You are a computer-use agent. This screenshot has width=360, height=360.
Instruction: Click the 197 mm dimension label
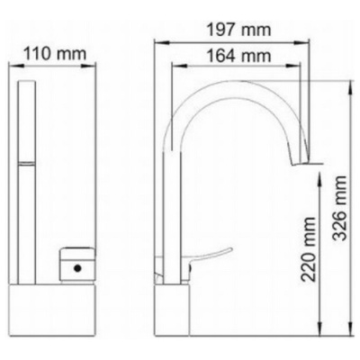(x=239, y=30)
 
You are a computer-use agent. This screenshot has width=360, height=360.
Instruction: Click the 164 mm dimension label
(x=239, y=56)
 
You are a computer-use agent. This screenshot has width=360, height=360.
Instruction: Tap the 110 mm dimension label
(x=55, y=54)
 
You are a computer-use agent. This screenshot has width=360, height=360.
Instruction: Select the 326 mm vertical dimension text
(x=339, y=208)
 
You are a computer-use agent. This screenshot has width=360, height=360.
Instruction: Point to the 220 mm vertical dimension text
(x=309, y=249)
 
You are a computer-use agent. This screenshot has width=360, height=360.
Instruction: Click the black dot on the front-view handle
(x=78, y=268)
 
